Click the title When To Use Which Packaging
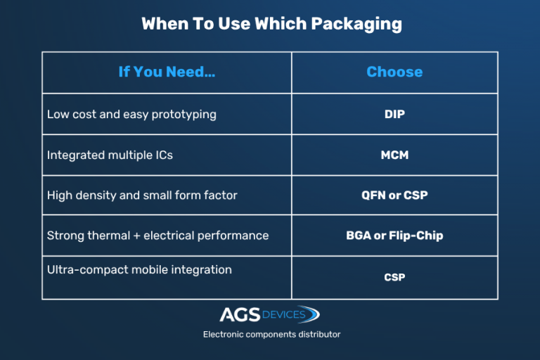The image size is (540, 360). pyautogui.click(x=271, y=23)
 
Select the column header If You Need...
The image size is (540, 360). pyautogui.click(x=167, y=72)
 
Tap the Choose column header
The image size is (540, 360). pyautogui.click(x=394, y=72)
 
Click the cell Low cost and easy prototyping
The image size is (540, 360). pyautogui.click(x=131, y=114)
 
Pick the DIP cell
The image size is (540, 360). pyautogui.click(x=394, y=114)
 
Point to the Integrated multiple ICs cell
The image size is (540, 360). pyautogui.click(x=110, y=155)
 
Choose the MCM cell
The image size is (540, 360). pyautogui.click(x=394, y=155)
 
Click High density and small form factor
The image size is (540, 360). pyautogui.click(x=142, y=195)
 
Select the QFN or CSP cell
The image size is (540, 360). pyautogui.click(x=394, y=195)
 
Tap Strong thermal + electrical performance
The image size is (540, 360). pyautogui.click(x=157, y=236)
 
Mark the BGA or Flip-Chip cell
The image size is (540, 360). pyautogui.click(x=394, y=236)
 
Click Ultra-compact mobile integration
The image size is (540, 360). pyautogui.click(x=139, y=269)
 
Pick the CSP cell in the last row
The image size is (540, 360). pyautogui.click(x=394, y=277)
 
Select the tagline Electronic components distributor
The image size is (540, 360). pyautogui.click(x=271, y=334)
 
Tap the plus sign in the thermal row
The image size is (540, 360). pyautogui.click(x=136, y=236)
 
